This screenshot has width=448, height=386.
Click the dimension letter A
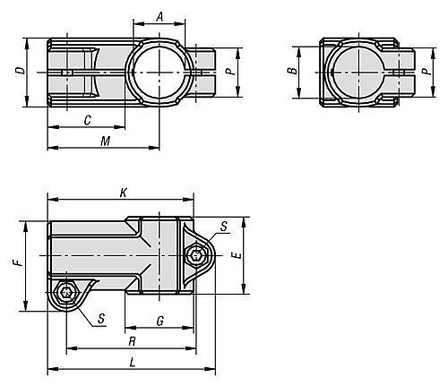(159, 17)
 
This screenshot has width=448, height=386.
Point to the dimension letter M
(105, 142)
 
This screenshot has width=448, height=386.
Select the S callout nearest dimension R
(100, 317)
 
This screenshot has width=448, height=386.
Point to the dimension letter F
(15, 264)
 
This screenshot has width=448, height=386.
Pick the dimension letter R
(132, 341)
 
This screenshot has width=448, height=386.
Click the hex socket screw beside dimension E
(196, 256)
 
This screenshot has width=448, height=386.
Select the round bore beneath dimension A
(159, 71)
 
